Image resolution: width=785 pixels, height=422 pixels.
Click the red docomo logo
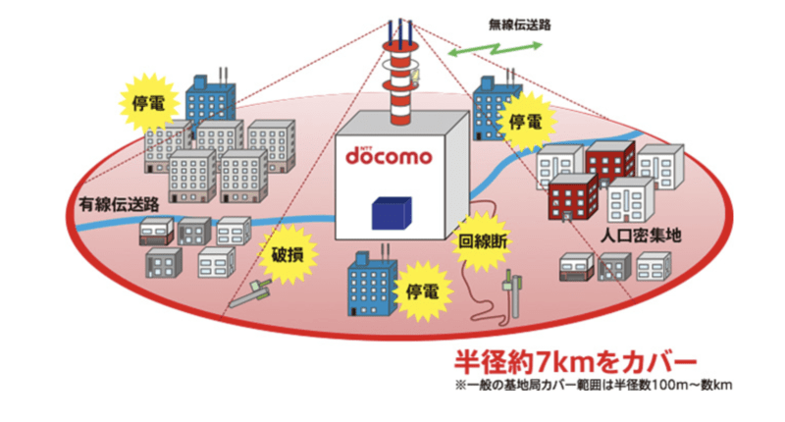click(x=391, y=156)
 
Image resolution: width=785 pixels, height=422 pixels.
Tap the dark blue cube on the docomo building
click(x=392, y=212)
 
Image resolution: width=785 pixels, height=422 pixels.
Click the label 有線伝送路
click(x=116, y=203)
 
